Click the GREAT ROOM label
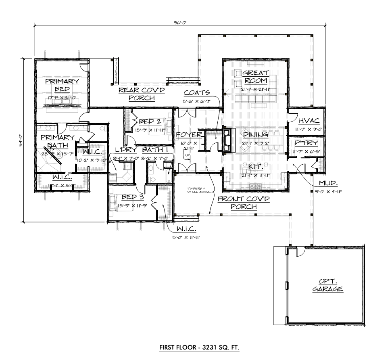[x=256, y=77]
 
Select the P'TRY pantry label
[x=307, y=143]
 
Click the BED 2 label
[x=150, y=121]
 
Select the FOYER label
[x=188, y=134]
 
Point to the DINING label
[x=256, y=134]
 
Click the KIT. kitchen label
[x=256, y=166]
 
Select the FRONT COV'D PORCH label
[x=238, y=203]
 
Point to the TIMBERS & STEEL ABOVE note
[x=196, y=191]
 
